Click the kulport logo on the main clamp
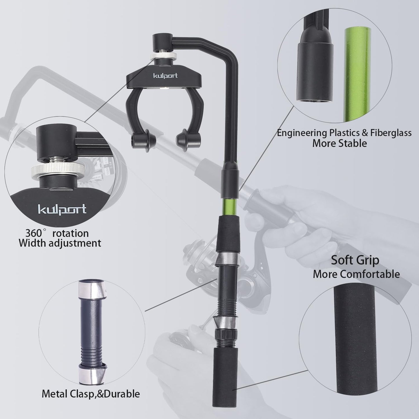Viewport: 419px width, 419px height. [165, 76]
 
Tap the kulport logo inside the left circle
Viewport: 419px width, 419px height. [62, 209]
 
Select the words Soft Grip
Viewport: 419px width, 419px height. [355, 260]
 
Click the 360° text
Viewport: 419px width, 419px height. [37, 233]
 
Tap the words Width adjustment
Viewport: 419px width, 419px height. [60, 243]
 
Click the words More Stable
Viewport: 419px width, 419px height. [339, 143]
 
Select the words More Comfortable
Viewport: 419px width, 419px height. [356, 274]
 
